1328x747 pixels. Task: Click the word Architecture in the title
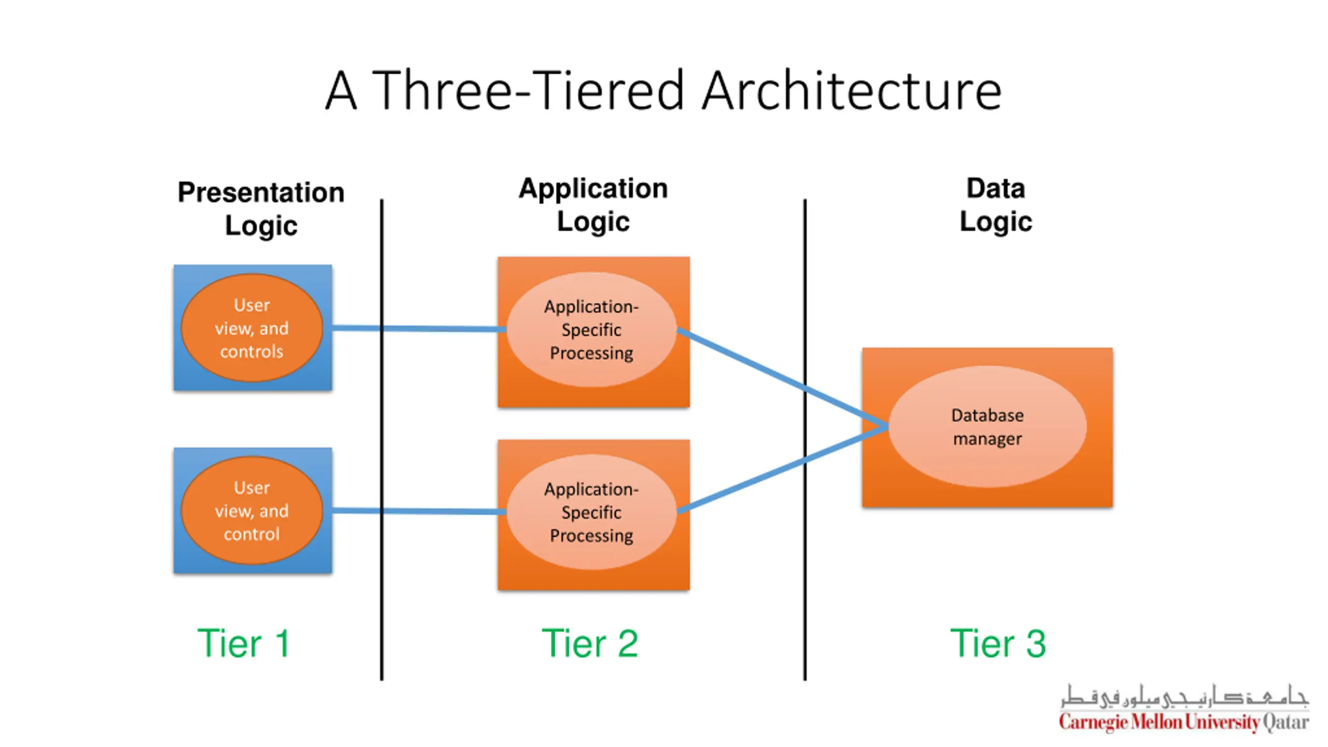pyautogui.click(x=851, y=91)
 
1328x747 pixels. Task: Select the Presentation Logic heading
pyautogui.click(x=261, y=209)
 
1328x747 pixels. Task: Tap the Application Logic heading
pyautogui.click(x=593, y=205)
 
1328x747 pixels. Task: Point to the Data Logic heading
pyautogui.click(x=995, y=205)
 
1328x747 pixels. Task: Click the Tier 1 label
pyautogui.click(x=243, y=643)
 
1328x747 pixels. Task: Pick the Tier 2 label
pyautogui.click(x=590, y=643)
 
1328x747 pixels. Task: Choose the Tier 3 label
pyautogui.click(x=998, y=643)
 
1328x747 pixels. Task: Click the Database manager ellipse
pyautogui.click(x=987, y=426)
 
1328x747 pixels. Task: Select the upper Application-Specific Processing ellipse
pyautogui.click(x=591, y=330)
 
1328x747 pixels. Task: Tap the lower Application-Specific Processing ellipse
pyautogui.click(x=591, y=512)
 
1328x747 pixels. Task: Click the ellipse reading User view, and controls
pyautogui.click(x=252, y=328)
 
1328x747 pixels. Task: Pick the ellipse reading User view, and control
pyautogui.click(x=252, y=510)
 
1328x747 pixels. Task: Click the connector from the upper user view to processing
pyautogui.click(x=441, y=328)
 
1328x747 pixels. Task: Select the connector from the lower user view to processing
pyautogui.click(x=441, y=511)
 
